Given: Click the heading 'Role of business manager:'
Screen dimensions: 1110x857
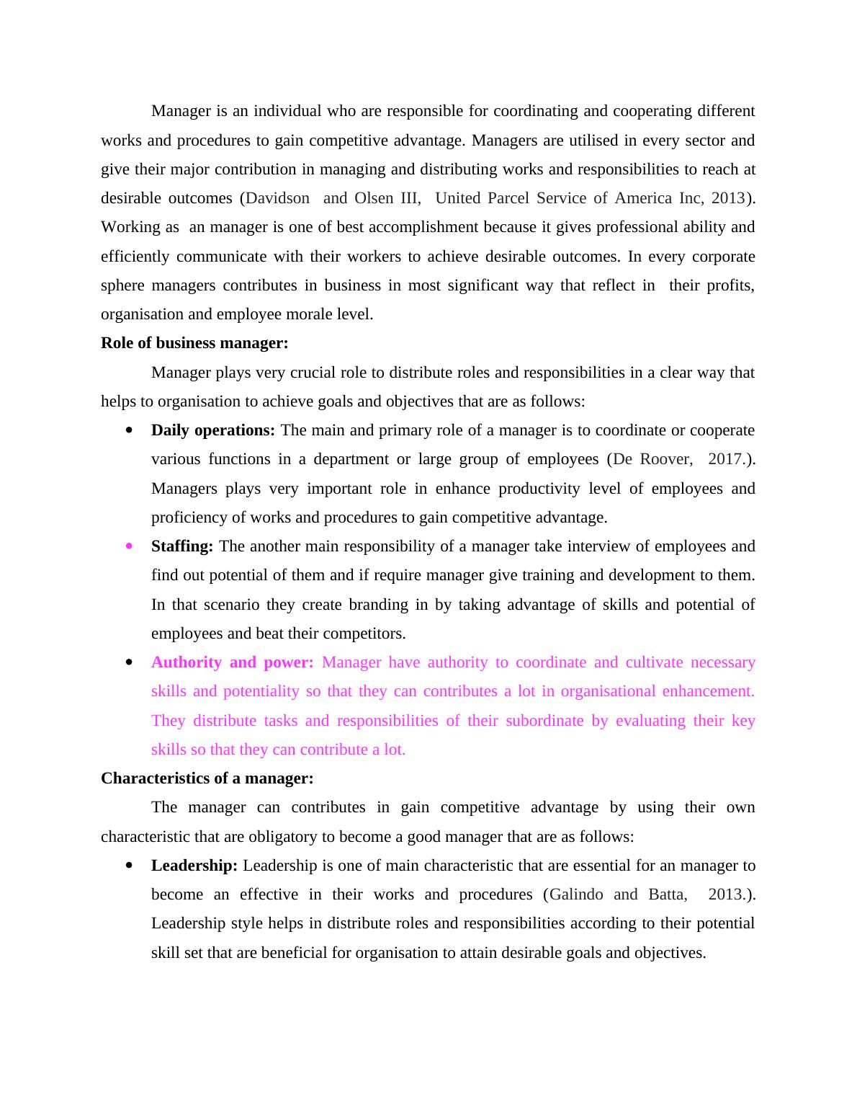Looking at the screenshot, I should (194, 343).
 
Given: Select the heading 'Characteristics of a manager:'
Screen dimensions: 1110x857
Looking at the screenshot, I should (207, 778).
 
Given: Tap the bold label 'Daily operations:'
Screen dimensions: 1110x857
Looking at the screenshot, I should (213, 430).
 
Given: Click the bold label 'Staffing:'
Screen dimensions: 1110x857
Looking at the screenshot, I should (182, 546).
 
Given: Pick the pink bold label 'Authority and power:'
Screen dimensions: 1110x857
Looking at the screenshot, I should (232, 662).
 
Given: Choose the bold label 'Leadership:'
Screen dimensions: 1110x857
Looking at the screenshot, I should (194, 866).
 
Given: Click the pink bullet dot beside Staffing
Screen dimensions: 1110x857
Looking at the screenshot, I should (130, 546).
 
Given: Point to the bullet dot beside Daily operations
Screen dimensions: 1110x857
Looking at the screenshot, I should (130, 430).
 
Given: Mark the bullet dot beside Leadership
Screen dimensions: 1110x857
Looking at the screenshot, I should (130, 866).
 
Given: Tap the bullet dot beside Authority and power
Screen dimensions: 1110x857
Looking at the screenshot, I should (130, 662).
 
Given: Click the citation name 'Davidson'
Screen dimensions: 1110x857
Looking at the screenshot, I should (278, 198).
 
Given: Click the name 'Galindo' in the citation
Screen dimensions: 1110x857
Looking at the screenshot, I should (576, 894).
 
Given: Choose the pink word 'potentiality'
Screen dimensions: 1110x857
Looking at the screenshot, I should (261, 691).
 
